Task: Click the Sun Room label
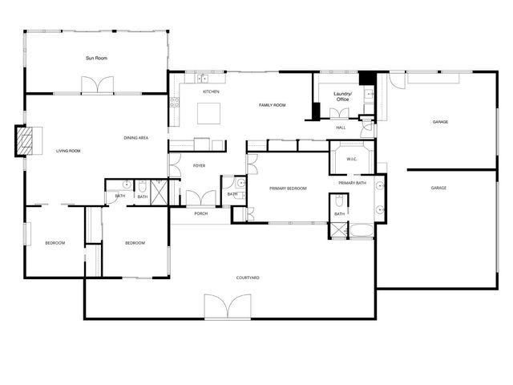pyautogui.click(x=97, y=58)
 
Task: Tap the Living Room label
pyautogui.click(x=67, y=151)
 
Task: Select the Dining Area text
pyautogui.click(x=135, y=138)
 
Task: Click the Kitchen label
pyautogui.click(x=211, y=91)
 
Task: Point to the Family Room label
pyautogui.click(x=273, y=105)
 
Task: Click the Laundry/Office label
pyautogui.click(x=342, y=96)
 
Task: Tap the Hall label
pyautogui.click(x=341, y=128)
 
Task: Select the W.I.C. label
pyautogui.click(x=351, y=159)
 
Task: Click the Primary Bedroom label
pyautogui.click(x=288, y=188)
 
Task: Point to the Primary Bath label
pyautogui.click(x=352, y=184)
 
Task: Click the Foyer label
pyautogui.click(x=200, y=165)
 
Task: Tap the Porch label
pyautogui.click(x=201, y=213)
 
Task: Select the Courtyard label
pyautogui.click(x=247, y=278)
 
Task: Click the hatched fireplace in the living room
pyautogui.click(x=27, y=142)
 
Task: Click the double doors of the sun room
pyautogui.click(x=97, y=84)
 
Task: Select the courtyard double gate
pyautogui.click(x=228, y=306)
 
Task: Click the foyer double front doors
pyautogui.click(x=200, y=197)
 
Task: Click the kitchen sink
pyautogui.click(x=203, y=79)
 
